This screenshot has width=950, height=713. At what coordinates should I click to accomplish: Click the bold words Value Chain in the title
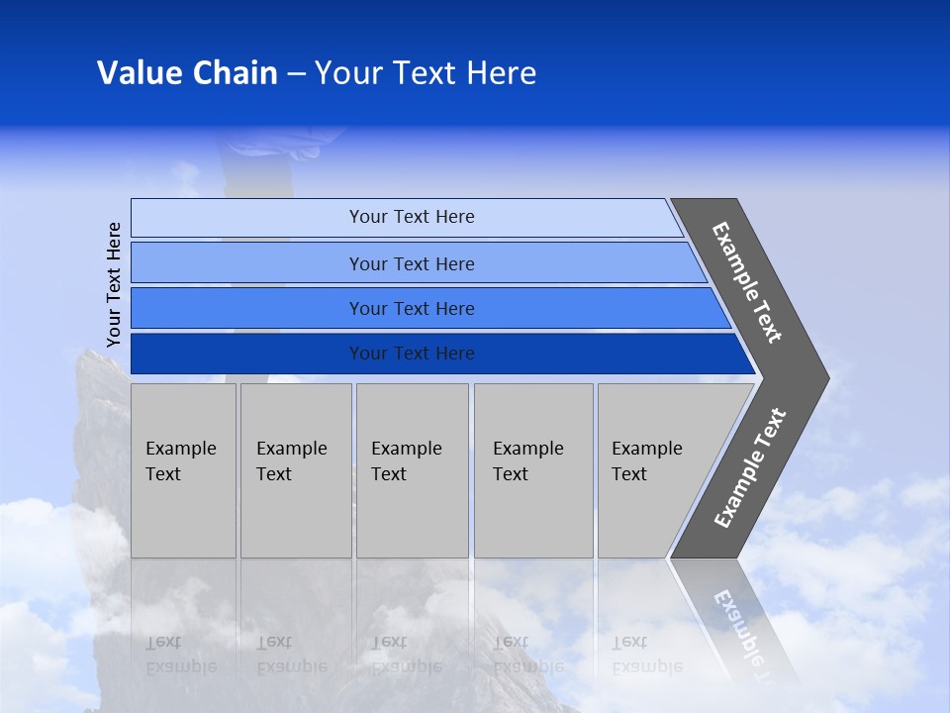tap(187, 73)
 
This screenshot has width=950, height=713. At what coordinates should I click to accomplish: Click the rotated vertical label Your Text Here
tap(114, 284)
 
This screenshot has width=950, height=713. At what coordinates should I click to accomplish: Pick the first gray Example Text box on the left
tap(183, 470)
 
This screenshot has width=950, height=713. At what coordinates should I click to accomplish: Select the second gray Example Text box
tap(296, 470)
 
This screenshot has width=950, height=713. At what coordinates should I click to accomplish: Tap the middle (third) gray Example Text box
tap(412, 470)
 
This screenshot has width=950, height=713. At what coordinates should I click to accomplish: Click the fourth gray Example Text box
tap(533, 470)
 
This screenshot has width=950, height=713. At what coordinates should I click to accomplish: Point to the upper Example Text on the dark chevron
tap(747, 282)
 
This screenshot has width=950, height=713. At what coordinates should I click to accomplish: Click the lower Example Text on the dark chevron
tap(750, 467)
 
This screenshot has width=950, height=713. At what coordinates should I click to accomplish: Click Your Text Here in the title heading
tap(426, 73)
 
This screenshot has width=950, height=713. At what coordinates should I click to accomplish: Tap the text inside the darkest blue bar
tap(412, 354)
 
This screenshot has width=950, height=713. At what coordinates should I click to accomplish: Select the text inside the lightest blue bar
tap(412, 217)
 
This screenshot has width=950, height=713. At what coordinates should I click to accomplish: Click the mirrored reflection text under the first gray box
tap(180, 655)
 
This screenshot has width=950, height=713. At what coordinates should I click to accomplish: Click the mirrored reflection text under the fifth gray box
tap(646, 655)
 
